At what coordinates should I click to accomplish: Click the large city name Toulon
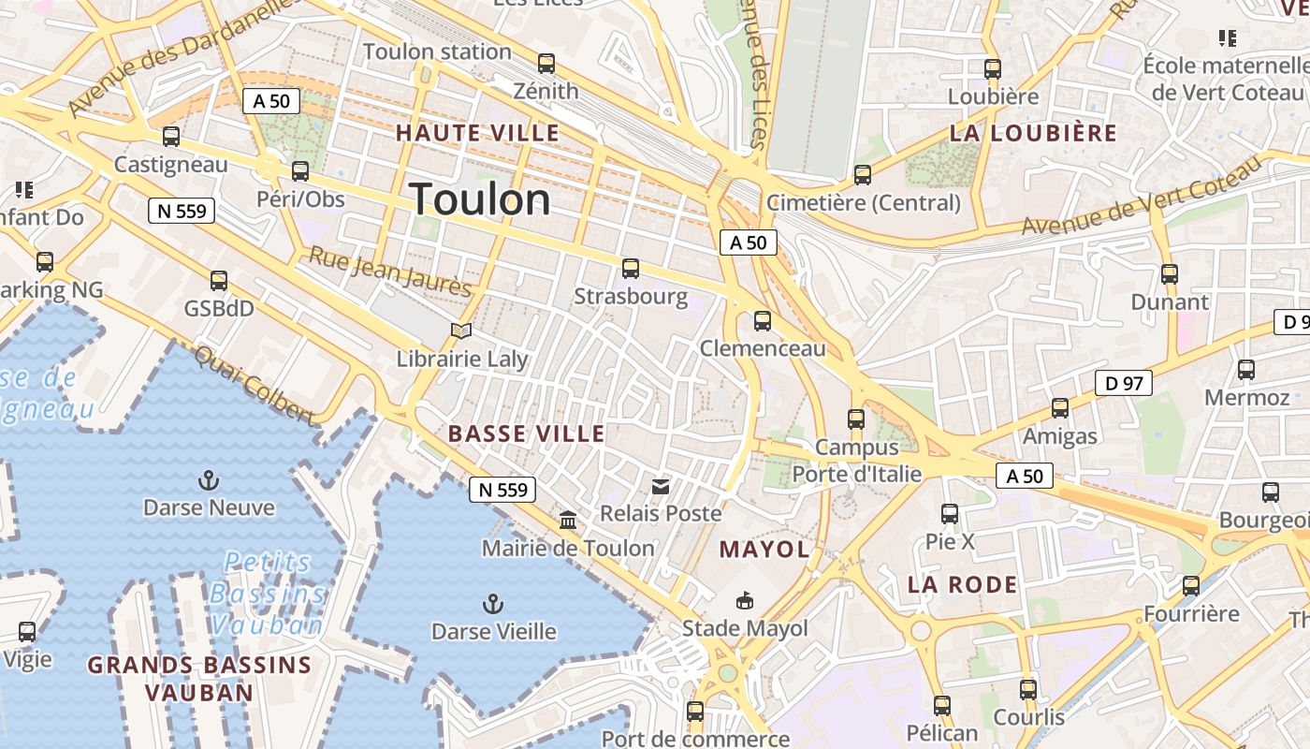[x=480, y=199]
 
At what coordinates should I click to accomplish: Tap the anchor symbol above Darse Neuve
[x=209, y=481]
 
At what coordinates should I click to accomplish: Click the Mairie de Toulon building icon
[x=568, y=521]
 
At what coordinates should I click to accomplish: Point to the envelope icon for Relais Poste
[x=661, y=486]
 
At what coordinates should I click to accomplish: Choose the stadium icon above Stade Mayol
[x=745, y=600]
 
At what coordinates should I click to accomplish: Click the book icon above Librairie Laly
[x=461, y=330]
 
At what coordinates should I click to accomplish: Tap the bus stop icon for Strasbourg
[x=631, y=270]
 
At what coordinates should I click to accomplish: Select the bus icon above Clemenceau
[x=763, y=321]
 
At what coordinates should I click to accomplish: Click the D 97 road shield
[x=1123, y=383]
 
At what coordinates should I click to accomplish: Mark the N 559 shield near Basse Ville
[x=502, y=489]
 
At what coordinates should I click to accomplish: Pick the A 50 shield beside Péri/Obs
[x=271, y=101]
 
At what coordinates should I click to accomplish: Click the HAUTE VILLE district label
[x=477, y=133]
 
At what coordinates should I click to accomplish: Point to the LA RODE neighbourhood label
[x=962, y=585]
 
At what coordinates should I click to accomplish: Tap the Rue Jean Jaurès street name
[x=390, y=271]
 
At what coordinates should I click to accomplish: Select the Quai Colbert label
[x=255, y=384]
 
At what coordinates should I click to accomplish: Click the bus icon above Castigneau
[x=171, y=137]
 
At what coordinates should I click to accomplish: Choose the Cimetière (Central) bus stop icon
[x=863, y=175]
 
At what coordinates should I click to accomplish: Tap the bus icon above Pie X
[x=950, y=514]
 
